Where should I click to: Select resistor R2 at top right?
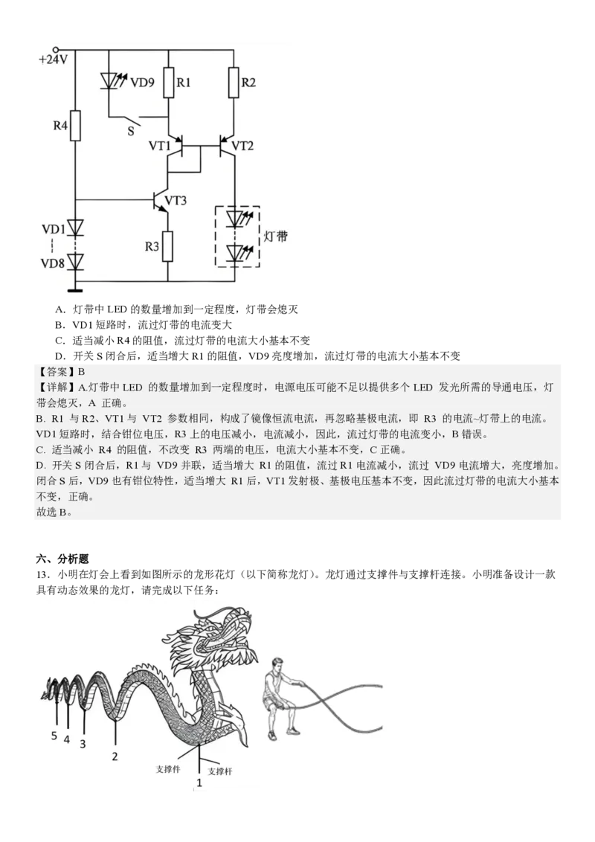[234, 83]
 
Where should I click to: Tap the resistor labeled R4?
[75, 127]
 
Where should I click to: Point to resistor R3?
[168, 247]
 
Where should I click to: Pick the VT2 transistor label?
[242, 146]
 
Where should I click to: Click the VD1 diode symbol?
[75, 228]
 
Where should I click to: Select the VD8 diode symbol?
[75, 261]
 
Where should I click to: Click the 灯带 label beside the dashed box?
[276, 237]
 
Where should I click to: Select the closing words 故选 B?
[54, 512]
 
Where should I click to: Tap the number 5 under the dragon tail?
[54, 736]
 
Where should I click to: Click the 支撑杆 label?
[220, 771]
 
